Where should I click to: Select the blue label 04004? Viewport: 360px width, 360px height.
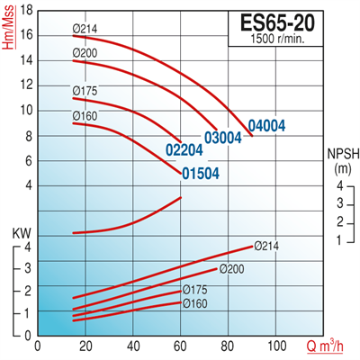click(268, 125)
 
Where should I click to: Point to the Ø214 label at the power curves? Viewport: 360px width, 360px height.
click(267, 245)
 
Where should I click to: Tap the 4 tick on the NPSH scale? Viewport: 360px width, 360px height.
click(340, 184)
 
